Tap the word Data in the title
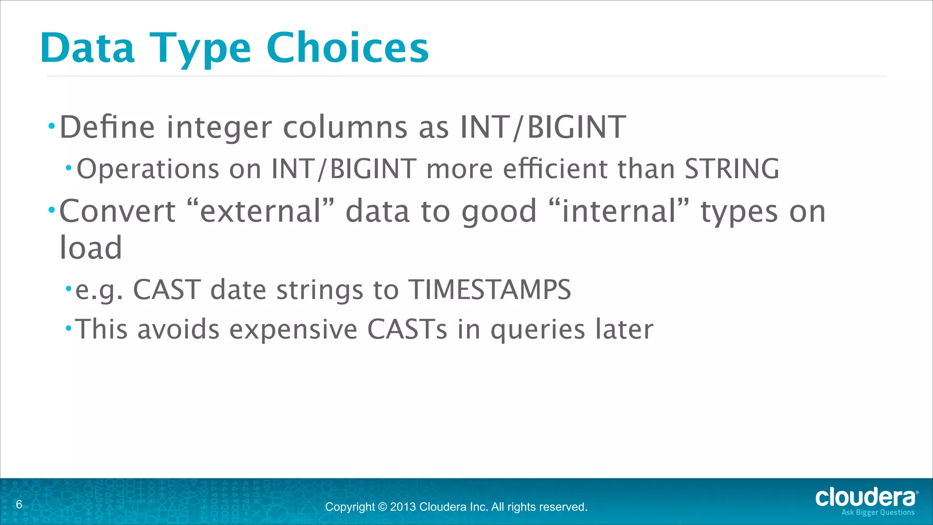coord(87,48)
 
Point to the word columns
coord(345,127)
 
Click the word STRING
coord(732,169)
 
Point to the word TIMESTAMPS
coord(489,289)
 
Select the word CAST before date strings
coord(167,289)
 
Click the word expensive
coord(293,329)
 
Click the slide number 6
coord(19,504)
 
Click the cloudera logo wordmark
coord(865,498)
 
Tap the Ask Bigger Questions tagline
coord(877,513)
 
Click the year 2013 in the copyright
coord(403,507)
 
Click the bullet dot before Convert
coord(51,210)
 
